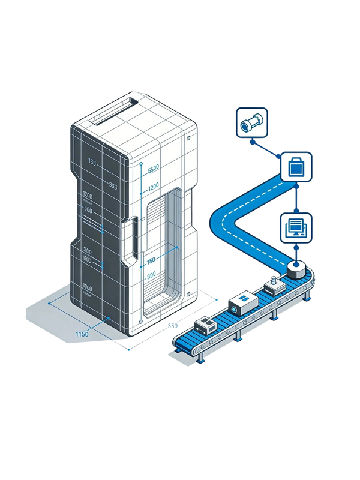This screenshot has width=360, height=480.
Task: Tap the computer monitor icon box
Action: tap(297, 227)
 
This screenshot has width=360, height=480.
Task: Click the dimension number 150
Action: tap(151, 260)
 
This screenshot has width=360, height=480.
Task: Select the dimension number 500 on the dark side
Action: tap(88, 209)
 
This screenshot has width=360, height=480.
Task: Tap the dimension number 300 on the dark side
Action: tap(87, 251)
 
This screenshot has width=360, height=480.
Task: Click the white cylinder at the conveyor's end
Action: tap(296, 269)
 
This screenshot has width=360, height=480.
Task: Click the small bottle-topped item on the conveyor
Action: tap(275, 284)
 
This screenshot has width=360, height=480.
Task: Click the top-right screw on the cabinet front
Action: tap(190, 139)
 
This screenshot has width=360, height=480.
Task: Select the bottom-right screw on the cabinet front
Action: tap(190, 294)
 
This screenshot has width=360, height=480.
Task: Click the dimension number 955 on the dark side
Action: tap(112, 185)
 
